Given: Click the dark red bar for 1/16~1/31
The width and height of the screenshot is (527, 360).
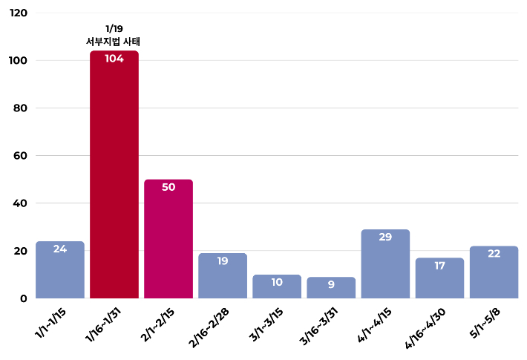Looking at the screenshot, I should [x=114, y=178].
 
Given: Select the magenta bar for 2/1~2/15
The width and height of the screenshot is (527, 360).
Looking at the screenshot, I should [x=168, y=241].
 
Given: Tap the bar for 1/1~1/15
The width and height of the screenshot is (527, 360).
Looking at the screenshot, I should [x=60, y=271].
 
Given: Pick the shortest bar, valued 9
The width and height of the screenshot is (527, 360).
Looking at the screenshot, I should [x=331, y=288].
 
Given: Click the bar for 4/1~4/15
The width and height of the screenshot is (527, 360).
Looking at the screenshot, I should [x=385, y=266].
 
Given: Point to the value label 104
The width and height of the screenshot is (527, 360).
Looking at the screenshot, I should [x=114, y=59].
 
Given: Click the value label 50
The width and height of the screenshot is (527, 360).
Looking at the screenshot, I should [x=168, y=187].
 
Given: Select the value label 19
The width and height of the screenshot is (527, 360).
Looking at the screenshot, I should [x=223, y=261].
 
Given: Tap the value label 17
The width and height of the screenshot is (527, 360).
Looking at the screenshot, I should [x=439, y=265].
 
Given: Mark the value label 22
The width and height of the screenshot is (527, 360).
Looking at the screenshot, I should [x=494, y=253].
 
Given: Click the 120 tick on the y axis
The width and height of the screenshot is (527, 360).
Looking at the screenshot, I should [x=18, y=13].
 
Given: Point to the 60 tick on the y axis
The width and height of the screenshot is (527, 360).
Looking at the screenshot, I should [x=21, y=156].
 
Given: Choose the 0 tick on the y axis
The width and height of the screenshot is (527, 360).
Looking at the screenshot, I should [x=24, y=298].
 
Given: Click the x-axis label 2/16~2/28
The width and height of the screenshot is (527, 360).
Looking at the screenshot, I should [x=211, y=324].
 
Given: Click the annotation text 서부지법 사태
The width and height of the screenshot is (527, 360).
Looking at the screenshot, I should [x=114, y=42].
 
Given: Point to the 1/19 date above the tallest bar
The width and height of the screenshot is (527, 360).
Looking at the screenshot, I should [x=114, y=29].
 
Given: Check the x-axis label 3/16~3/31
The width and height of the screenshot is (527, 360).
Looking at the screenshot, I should [x=319, y=324].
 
